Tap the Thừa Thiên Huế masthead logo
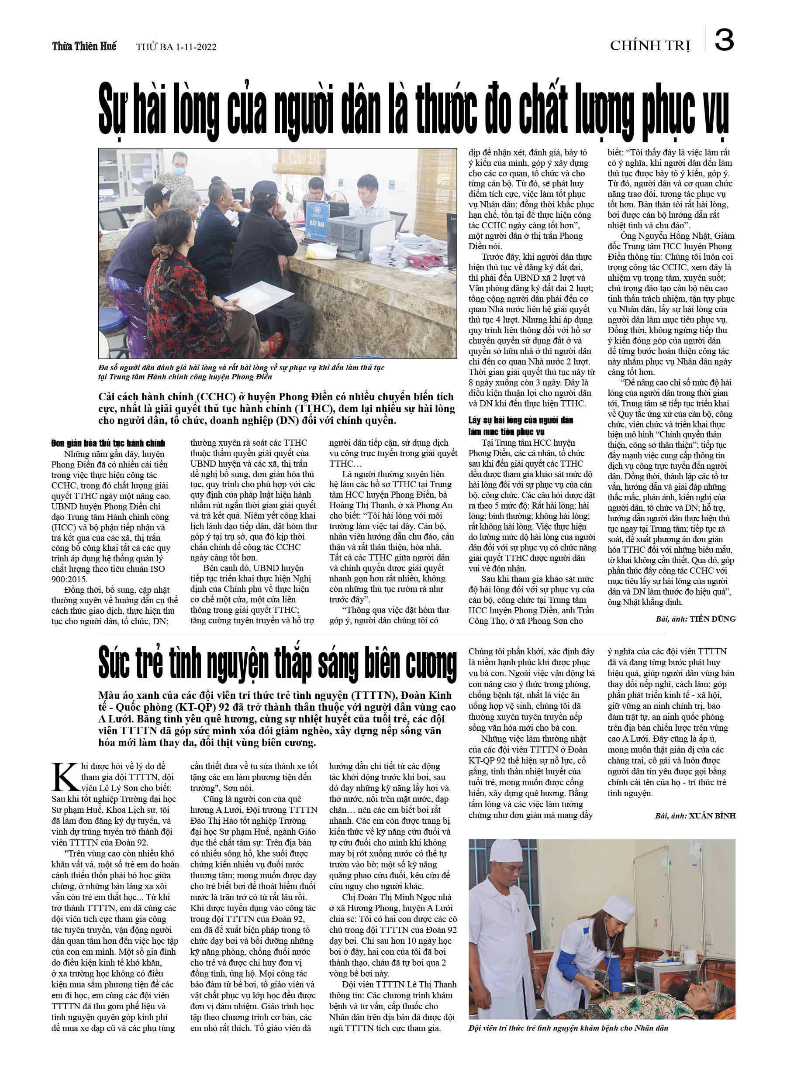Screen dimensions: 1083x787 pyautogui.click(x=84, y=46)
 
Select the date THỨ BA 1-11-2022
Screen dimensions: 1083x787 pyautogui.click(x=176, y=47)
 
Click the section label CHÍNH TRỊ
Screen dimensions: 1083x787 pyautogui.click(x=650, y=46)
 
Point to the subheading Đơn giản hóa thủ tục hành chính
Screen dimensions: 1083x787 pyautogui.click(x=108, y=443)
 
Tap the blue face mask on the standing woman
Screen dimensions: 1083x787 pyautogui.click(x=179, y=170)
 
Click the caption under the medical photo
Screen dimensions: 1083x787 pyautogui.click(x=568, y=1028)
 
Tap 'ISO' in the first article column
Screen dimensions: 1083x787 pyautogui.click(x=156, y=569)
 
